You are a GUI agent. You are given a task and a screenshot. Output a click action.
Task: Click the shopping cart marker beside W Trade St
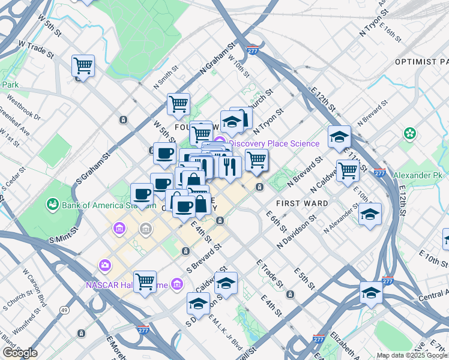click(83, 65)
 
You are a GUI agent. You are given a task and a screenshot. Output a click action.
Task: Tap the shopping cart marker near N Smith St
click(178, 104)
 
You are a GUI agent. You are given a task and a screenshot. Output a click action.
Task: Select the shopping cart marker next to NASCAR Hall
click(145, 280)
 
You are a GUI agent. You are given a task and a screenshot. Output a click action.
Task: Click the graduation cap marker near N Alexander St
click(370, 213)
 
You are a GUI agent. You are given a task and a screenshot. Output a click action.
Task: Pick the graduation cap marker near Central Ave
click(371, 292)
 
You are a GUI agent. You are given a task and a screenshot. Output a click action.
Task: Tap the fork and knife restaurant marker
click(230, 166)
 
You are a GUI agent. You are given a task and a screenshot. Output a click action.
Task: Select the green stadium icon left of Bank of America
click(52, 205)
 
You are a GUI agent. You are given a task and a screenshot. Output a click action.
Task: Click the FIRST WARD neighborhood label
click(302, 203)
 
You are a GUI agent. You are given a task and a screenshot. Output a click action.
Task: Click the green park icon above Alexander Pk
click(411, 133)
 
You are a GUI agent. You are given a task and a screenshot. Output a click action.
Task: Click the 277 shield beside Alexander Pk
click(379, 173)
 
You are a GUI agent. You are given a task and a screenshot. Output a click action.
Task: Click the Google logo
click(19, 353)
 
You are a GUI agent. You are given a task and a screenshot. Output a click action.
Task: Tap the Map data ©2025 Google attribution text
click(411, 355)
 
